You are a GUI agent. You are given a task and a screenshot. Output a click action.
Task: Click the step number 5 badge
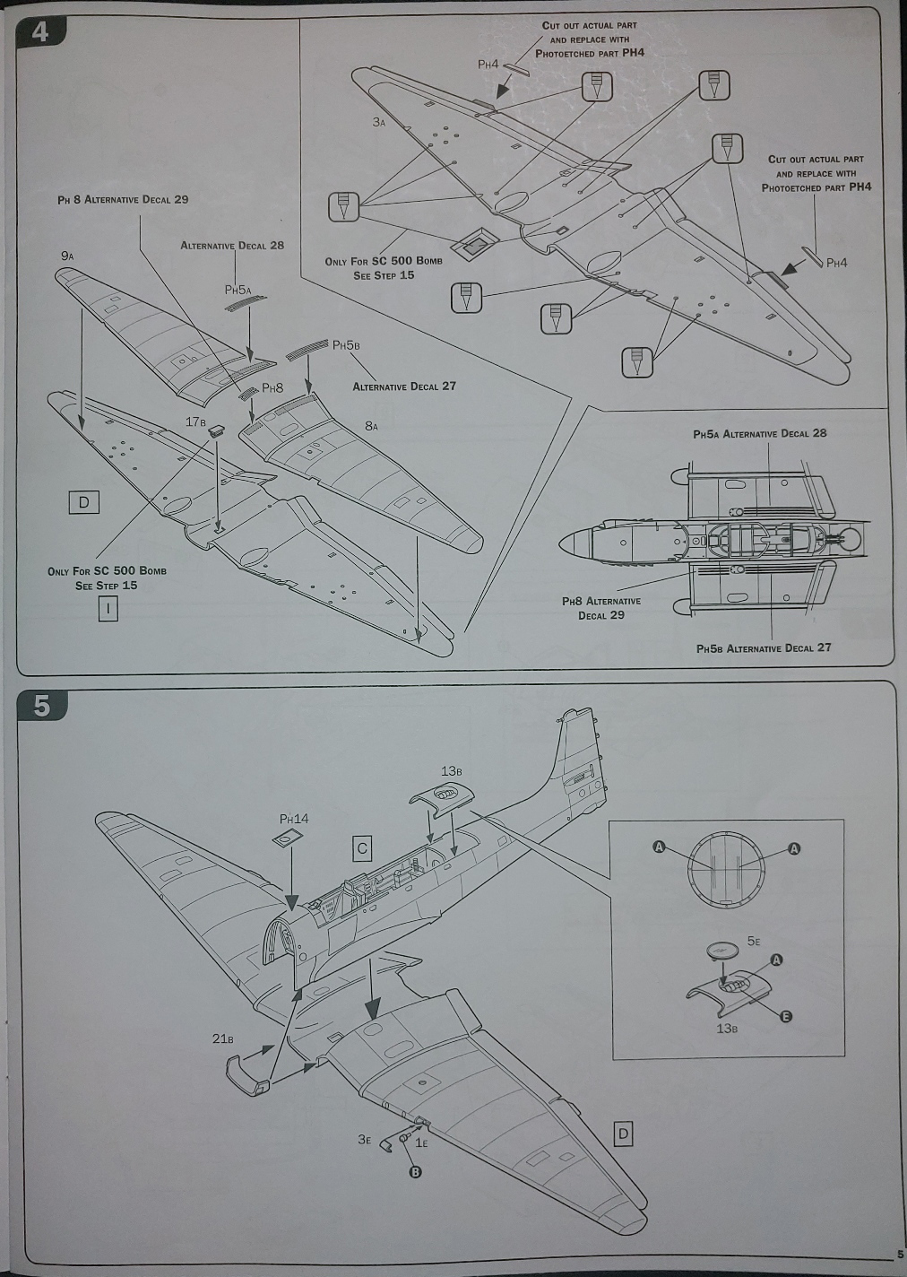tap(40, 706)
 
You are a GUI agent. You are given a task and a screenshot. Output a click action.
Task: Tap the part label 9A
tap(67, 256)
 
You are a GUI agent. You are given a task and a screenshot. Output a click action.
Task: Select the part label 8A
tap(371, 427)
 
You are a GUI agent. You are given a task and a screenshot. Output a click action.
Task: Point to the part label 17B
tap(196, 421)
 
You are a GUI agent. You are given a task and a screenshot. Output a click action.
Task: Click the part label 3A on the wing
tap(379, 122)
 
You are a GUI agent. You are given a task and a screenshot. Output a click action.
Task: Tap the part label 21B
tap(222, 1038)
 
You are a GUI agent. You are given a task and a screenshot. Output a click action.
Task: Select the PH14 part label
tap(294, 819)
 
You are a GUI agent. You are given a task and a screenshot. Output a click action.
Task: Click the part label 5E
tap(753, 942)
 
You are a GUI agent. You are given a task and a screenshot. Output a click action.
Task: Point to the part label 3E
tap(363, 1139)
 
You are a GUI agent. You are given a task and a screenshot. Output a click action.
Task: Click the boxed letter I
tap(108, 609)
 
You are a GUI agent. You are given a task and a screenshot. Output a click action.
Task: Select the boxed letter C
tap(362, 847)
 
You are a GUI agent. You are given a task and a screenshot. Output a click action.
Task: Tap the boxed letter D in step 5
tap(624, 1134)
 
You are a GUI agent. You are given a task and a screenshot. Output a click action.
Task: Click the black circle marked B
tap(415, 1172)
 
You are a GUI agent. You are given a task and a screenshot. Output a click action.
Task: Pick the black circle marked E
tap(786, 1016)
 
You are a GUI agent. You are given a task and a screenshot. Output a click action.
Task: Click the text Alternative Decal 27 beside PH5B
tap(404, 387)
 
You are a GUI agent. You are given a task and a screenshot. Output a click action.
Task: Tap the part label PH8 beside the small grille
tap(272, 388)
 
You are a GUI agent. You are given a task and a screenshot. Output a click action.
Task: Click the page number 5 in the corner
tap(899, 1255)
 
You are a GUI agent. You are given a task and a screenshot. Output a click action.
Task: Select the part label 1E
tap(421, 1142)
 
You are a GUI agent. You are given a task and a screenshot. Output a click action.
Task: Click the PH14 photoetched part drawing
tap(285, 839)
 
